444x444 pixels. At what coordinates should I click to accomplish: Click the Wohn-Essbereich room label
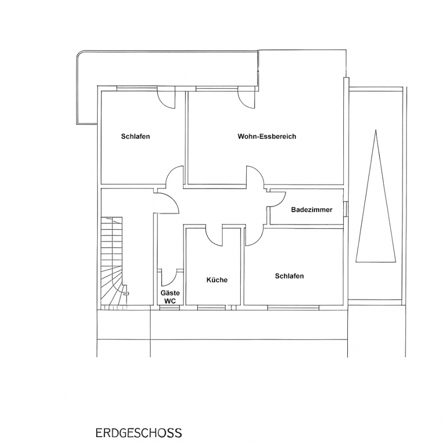[267, 137]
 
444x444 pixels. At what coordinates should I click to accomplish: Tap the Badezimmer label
[311, 210]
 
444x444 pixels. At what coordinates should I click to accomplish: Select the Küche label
[217, 280]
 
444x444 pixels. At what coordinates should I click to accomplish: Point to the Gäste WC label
[170, 297]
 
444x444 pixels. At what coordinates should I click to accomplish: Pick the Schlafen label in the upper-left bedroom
[135, 137]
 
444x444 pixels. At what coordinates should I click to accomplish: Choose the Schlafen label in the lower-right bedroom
[289, 276]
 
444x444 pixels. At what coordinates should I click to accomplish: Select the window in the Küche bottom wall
[210, 307]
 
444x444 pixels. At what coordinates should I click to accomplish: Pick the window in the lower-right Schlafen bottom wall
[294, 307]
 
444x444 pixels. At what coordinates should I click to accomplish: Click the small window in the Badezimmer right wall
[345, 209]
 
